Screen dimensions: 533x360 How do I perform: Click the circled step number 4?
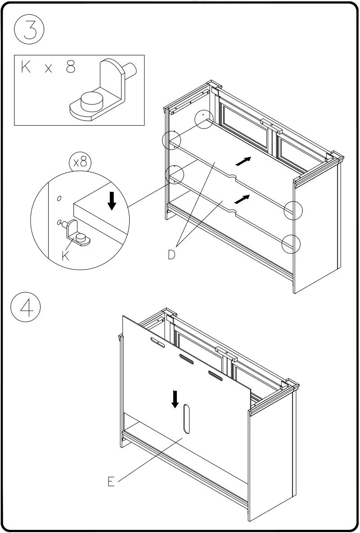[26, 309]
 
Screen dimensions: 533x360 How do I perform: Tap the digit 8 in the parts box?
[71, 68]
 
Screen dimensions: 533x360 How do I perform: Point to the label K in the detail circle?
[66, 256]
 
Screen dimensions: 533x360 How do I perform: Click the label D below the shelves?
[172, 255]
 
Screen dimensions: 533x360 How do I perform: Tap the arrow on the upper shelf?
[243, 161]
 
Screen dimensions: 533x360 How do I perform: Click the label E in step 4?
[111, 482]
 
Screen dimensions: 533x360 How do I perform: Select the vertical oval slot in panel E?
[186, 419]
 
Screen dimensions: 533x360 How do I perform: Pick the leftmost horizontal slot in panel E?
[157, 343]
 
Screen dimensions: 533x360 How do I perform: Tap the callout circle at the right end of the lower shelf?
[291, 244]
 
